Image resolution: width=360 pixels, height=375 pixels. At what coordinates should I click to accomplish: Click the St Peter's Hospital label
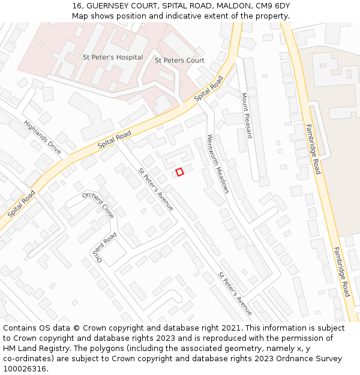click(113, 58)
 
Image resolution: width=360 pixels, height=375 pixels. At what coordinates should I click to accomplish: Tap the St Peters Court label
click(179, 61)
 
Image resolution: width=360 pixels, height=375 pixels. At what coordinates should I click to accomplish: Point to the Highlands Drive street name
click(43, 137)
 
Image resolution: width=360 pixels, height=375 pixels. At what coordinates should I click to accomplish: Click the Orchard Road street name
click(103, 247)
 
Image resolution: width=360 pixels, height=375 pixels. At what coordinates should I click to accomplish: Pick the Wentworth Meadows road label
click(218, 163)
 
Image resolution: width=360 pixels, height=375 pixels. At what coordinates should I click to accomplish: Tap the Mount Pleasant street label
click(247, 115)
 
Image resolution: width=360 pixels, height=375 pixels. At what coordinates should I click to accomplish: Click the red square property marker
click(179, 172)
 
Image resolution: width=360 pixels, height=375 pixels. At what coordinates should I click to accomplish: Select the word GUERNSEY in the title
click(109, 5)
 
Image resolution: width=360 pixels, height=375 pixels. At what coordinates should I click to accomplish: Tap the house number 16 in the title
click(77, 5)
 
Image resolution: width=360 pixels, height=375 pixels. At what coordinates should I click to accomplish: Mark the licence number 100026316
click(25, 369)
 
